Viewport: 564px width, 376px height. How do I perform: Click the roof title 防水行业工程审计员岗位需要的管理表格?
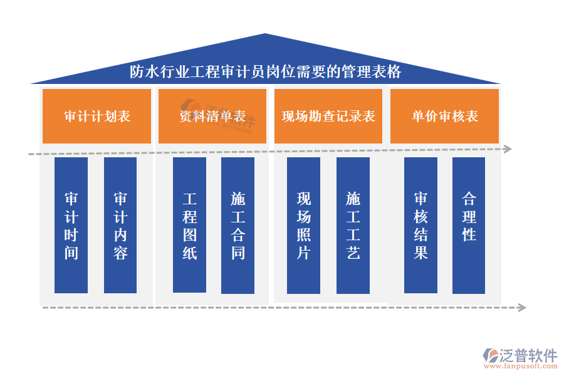(x=265, y=71)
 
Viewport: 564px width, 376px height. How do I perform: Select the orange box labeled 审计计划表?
(x=97, y=116)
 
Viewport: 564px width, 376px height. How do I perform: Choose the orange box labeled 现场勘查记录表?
(x=328, y=116)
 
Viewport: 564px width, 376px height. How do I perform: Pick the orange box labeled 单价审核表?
(x=444, y=116)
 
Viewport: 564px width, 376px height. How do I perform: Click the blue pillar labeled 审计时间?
(x=71, y=226)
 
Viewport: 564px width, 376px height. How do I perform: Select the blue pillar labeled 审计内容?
(x=120, y=226)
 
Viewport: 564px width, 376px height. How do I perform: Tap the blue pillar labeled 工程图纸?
(x=189, y=226)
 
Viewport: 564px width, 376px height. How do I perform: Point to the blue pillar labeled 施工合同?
(x=238, y=226)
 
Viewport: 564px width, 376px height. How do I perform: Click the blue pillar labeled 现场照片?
(x=303, y=226)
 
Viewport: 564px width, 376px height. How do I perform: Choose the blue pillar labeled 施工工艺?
(x=353, y=226)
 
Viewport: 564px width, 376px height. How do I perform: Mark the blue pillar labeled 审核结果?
(x=420, y=226)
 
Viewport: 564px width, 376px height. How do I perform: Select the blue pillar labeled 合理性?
(x=469, y=226)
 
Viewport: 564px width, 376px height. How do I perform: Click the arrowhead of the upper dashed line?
(x=508, y=149)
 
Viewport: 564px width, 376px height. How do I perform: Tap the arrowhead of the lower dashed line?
(x=521, y=307)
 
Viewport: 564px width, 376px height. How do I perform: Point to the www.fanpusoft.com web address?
(x=523, y=367)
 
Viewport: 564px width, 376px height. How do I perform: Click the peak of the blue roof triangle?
(x=266, y=35)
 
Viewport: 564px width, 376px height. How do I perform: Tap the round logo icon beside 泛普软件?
(x=489, y=355)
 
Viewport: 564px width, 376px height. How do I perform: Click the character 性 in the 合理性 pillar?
(x=469, y=235)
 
